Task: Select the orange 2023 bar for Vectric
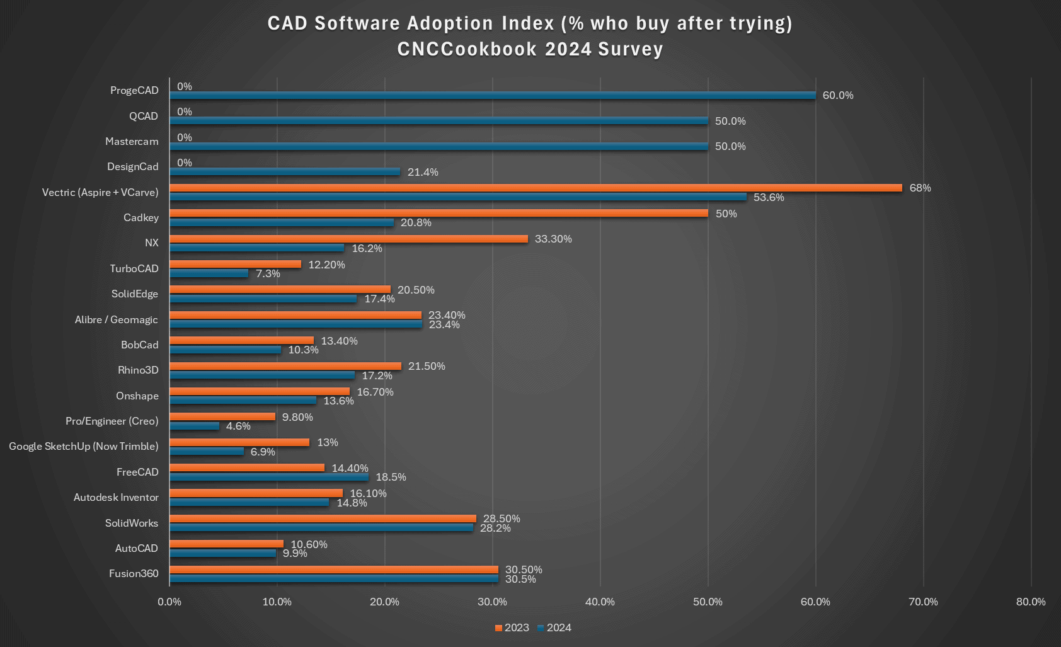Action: (536, 188)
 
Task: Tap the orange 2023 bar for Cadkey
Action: (439, 213)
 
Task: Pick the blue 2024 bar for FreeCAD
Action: (269, 477)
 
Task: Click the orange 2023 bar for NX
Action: (348, 239)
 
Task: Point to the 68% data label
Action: (920, 188)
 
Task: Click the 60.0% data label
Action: (838, 95)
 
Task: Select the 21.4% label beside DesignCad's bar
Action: (423, 172)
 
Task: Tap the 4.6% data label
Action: (238, 427)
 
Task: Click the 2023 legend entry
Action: (512, 627)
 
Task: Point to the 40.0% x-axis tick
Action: (600, 602)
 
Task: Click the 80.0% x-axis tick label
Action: (1031, 602)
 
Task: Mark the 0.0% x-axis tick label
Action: (169, 602)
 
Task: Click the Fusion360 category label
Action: (134, 573)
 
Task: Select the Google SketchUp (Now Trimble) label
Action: (84, 446)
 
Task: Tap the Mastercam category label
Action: (132, 141)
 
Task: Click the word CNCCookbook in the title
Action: (467, 49)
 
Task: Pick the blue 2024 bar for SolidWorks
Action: (321, 528)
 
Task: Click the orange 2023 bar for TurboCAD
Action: (235, 264)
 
